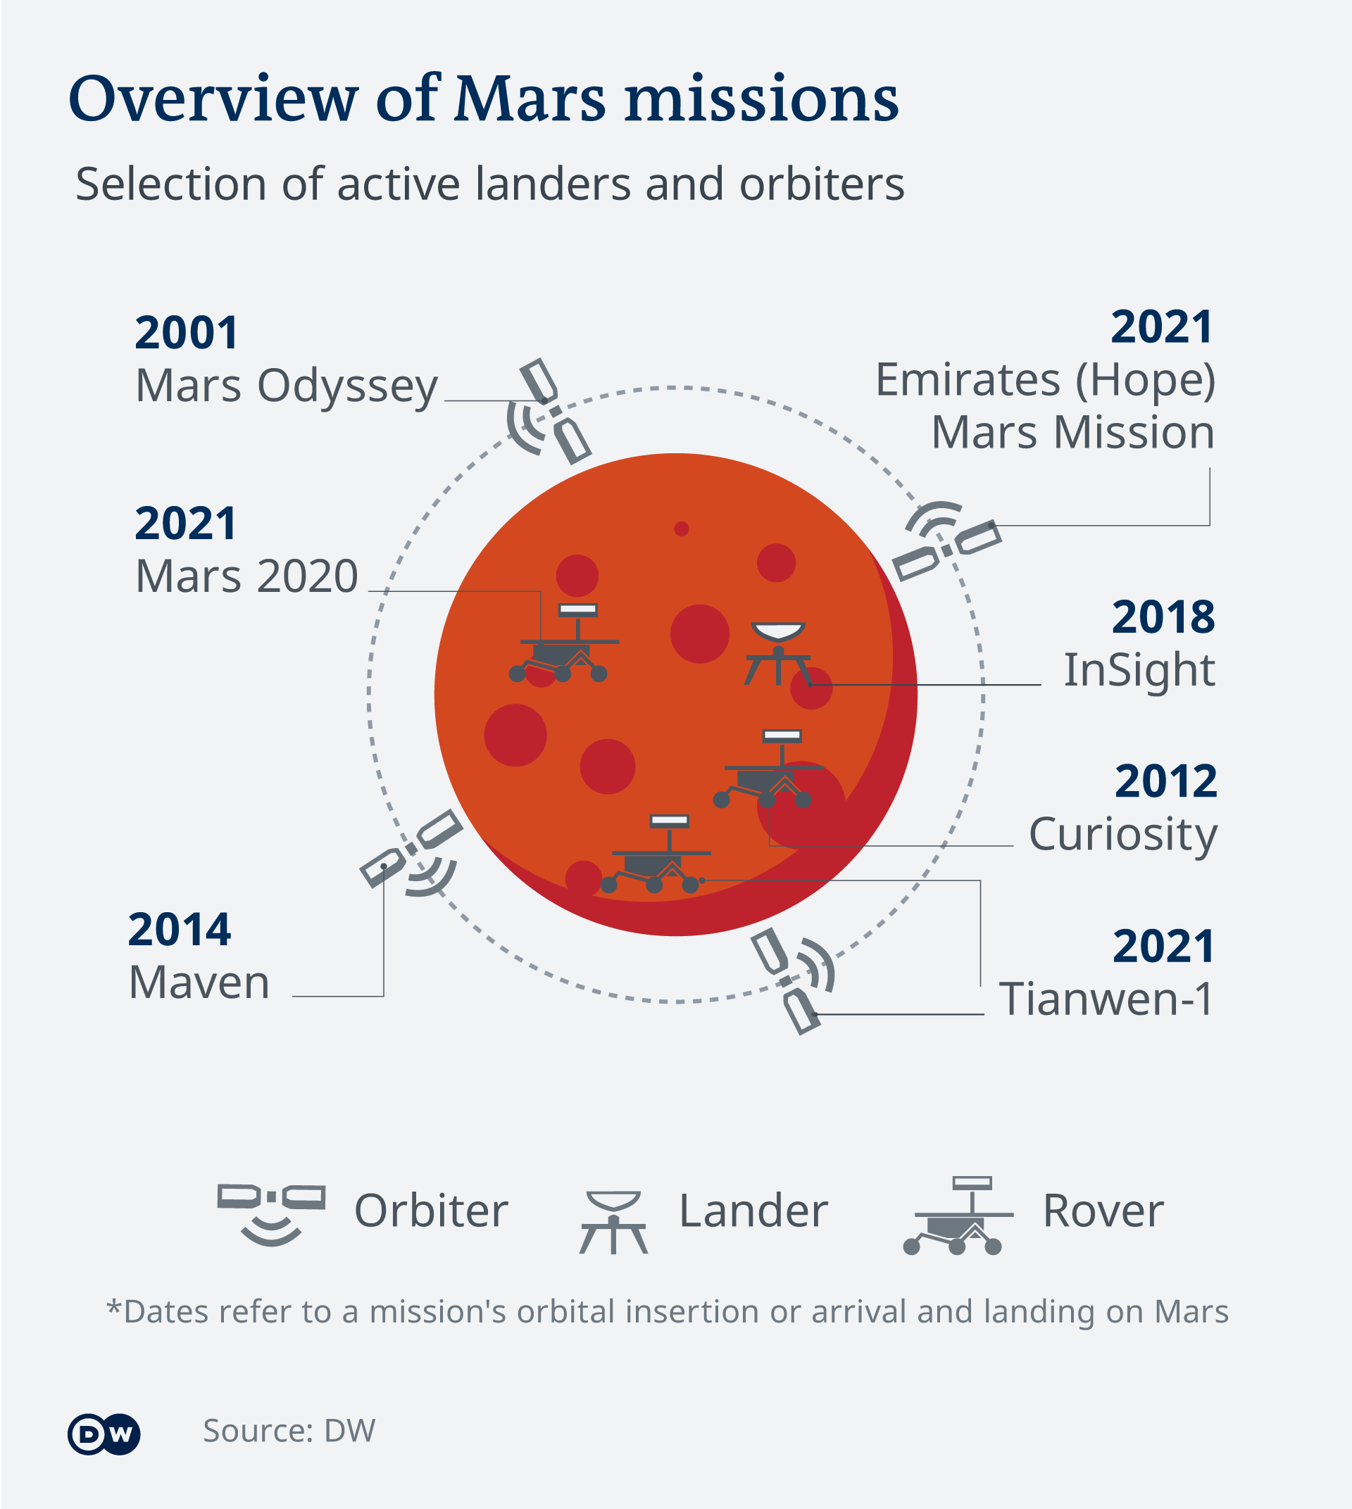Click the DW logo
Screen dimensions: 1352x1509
104,1433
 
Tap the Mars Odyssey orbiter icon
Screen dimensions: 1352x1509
550,412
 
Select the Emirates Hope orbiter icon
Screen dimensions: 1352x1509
946,541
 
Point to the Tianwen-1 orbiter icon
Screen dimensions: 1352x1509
792,980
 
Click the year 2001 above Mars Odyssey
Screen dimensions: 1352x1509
187,333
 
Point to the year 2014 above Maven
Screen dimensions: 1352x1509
180,930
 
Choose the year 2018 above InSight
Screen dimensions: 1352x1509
1163,617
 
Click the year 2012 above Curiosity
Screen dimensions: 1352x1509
1166,781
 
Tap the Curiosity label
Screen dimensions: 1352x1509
1123,835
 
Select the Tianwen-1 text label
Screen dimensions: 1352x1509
1106,999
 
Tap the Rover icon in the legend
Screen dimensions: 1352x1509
958,1216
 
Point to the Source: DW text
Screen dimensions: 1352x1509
289,1431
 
